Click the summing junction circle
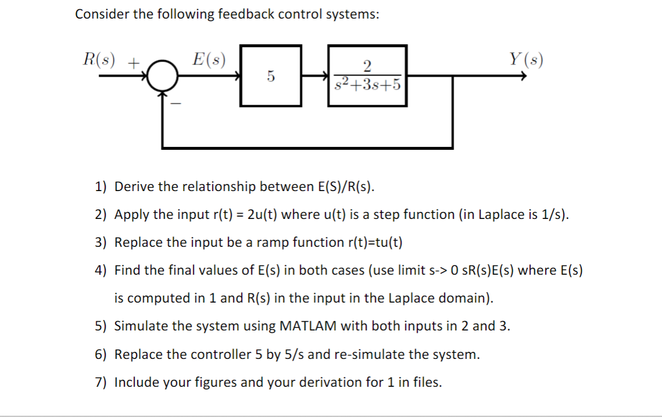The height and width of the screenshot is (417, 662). pyautogui.click(x=162, y=76)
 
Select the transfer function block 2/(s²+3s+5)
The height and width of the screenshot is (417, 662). pyautogui.click(x=367, y=76)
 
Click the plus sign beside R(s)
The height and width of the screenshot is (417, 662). pyautogui.click(x=134, y=61)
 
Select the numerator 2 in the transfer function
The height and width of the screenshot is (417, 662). pyautogui.click(x=367, y=65)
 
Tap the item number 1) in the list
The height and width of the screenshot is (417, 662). pyautogui.click(x=102, y=186)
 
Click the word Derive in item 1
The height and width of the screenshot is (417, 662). pyautogui.click(x=135, y=186)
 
